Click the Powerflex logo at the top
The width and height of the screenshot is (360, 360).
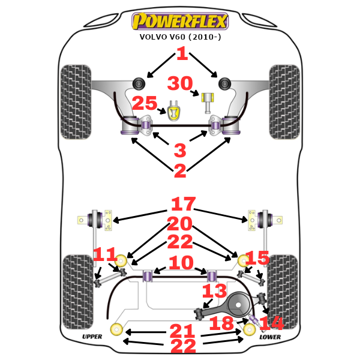180,22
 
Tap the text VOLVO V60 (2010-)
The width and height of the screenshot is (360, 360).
180,37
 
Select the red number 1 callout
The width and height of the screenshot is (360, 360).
182,55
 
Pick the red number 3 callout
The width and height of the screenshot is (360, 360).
180,150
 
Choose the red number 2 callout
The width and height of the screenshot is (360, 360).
180,170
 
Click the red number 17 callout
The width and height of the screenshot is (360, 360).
183,204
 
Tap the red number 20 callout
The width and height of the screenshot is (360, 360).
181,224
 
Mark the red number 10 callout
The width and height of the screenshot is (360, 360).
181,263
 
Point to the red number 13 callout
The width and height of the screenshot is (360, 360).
214,292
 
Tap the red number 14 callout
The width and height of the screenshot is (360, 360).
271,323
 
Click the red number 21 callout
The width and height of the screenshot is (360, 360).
182,330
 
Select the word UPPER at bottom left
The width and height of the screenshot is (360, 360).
92,337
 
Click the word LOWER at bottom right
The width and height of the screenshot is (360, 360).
269,337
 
